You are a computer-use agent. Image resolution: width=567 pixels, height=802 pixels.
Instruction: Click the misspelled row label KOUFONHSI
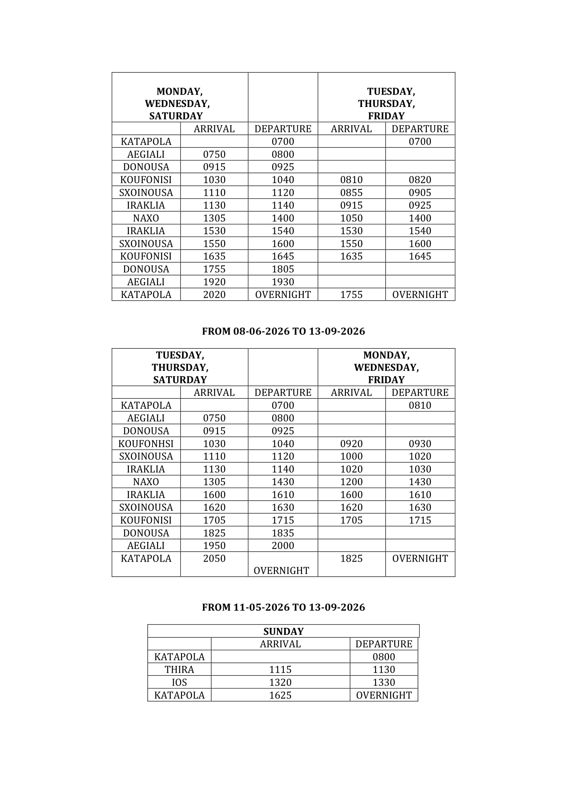[x=146, y=444]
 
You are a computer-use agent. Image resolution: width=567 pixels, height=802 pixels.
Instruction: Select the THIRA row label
[x=179, y=670]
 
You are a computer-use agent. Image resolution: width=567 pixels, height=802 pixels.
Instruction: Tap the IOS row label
[x=179, y=682]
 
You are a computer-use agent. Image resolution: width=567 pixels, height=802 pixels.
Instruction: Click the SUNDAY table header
[x=283, y=631]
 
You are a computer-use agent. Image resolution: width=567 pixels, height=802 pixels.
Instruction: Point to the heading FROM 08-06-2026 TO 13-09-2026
[x=283, y=331]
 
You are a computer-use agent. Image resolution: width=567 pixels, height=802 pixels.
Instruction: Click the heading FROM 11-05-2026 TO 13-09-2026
[x=283, y=607]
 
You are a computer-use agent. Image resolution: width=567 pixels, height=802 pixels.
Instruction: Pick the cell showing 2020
[x=214, y=295]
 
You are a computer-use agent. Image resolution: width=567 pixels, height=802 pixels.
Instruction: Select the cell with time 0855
[x=351, y=192]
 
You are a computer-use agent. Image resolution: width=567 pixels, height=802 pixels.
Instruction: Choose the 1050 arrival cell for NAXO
[x=351, y=218]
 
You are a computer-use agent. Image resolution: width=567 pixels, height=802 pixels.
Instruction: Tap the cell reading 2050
[x=214, y=558]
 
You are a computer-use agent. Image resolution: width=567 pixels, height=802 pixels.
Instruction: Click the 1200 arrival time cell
[x=351, y=482]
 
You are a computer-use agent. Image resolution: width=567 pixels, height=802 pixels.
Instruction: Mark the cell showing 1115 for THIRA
[x=280, y=670]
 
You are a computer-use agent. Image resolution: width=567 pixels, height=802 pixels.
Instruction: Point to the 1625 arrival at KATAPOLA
[x=280, y=695]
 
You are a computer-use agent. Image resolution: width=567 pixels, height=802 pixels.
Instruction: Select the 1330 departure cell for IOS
[x=384, y=682]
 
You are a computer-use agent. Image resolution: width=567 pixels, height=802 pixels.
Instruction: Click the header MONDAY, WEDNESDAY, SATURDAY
[x=177, y=104]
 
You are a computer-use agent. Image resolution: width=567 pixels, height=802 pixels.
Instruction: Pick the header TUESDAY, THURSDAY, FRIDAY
[x=386, y=104]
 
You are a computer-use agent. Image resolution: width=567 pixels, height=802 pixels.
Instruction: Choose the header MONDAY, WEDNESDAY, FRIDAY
[x=386, y=367]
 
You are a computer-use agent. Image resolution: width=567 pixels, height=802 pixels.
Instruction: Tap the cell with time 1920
[x=214, y=282]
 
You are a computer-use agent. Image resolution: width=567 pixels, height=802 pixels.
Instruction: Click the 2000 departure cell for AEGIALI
[x=283, y=545]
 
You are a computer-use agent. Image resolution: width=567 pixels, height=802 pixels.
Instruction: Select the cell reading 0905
[x=420, y=192]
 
